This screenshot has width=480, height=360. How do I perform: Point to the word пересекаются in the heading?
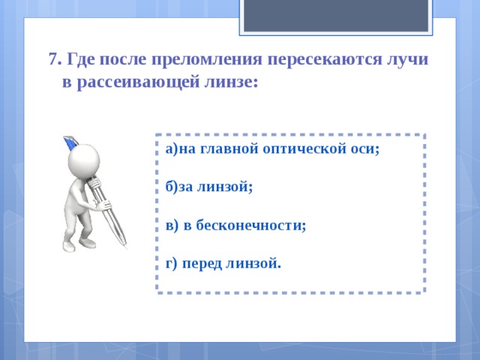click(325, 59)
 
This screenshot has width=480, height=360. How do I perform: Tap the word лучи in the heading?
click(406, 59)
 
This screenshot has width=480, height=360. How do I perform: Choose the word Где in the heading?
click(81, 59)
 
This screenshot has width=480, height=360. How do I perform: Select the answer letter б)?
click(172, 187)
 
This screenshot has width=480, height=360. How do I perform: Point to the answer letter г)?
click(171, 264)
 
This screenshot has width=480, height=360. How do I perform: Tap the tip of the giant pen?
click(126, 247)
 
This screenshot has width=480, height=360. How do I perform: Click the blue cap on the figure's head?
click(70, 142)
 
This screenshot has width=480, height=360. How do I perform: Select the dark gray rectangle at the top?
click(336, 15)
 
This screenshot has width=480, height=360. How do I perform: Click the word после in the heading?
click(123, 59)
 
